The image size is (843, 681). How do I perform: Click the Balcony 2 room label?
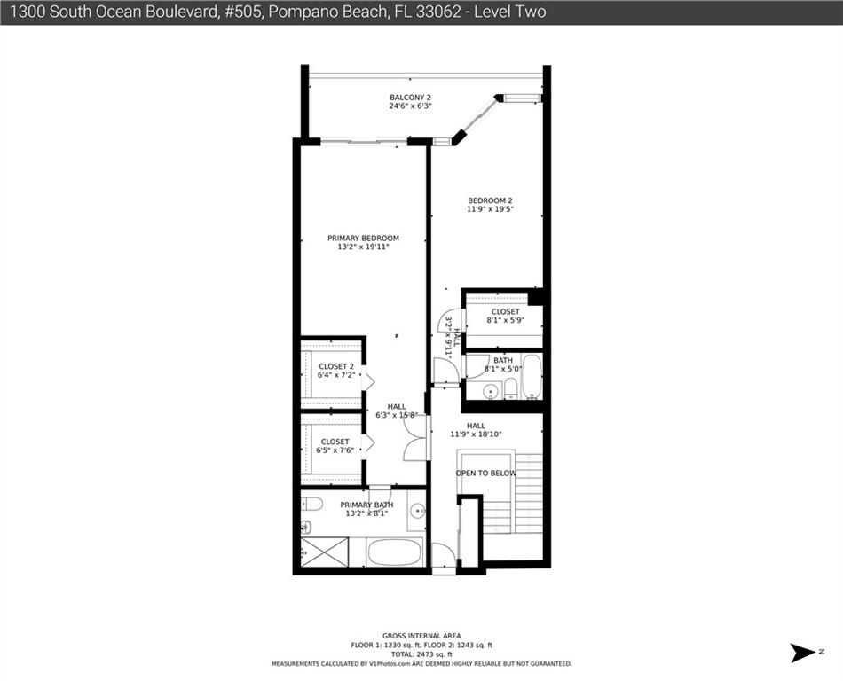(410, 98)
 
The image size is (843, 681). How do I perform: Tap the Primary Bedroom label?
(364, 238)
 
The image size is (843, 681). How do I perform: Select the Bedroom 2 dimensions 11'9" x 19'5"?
(490, 209)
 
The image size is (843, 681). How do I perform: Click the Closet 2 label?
(336, 366)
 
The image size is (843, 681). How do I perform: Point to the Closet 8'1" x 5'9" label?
(506, 316)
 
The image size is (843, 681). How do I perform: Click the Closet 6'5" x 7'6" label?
(335, 446)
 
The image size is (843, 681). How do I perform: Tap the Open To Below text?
(486, 474)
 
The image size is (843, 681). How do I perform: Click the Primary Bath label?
(366, 505)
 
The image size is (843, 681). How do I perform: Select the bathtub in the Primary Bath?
(394, 552)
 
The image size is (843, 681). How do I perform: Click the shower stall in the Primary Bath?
(324, 552)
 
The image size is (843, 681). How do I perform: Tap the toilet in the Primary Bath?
(311, 504)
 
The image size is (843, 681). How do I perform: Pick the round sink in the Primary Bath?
(417, 510)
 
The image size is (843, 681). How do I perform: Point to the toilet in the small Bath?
(511, 388)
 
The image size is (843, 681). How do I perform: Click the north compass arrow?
(803, 653)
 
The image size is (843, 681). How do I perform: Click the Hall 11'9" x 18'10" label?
(476, 430)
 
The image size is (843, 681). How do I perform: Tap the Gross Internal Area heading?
(421, 636)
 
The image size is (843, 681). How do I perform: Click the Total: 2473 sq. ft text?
(421, 654)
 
